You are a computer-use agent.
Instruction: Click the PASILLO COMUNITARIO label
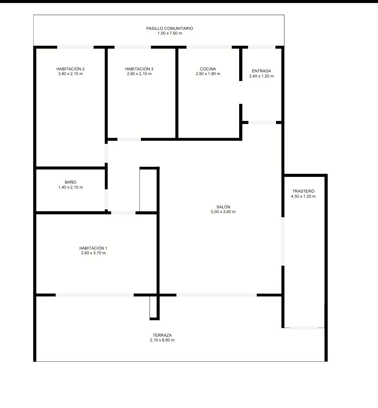tap(170, 28)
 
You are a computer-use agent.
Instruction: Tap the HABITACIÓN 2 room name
tap(70, 69)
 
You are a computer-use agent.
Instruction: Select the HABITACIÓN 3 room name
tap(139, 69)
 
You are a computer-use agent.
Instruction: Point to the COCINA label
tap(208, 69)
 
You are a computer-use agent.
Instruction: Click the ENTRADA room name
tap(261, 71)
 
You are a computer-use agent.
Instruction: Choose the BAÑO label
tap(70, 182)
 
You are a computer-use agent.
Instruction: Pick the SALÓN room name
tap(223, 207)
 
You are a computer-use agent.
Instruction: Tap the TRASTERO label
tap(303, 191)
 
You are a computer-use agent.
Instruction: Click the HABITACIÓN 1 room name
tap(93, 248)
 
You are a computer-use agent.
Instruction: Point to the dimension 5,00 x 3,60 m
tap(223, 212)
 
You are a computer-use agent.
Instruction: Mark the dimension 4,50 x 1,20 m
tap(303, 196)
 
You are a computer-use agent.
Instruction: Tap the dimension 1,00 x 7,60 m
tap(170, 33)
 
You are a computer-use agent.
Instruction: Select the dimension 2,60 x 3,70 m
tap(94, 253)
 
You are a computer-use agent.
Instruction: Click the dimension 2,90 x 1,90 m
tap(208, 74)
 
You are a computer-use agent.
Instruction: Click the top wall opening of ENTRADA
tap(262, 47)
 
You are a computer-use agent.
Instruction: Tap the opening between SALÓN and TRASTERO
tap(283, 242)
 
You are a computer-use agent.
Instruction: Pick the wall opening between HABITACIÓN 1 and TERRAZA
tap(95, 295)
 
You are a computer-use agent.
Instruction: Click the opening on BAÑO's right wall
tap(106, 199)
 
